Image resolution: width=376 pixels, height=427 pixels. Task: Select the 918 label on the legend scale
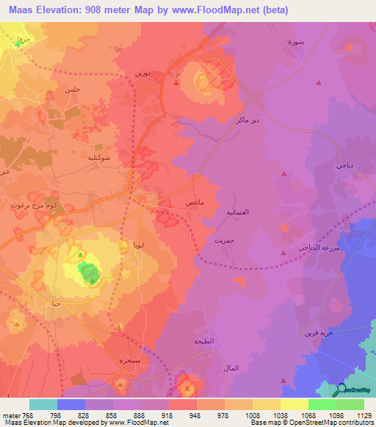point(168,415)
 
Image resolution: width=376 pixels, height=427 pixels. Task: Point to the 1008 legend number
point(252,415)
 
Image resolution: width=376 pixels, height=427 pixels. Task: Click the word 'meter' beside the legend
point(10,415)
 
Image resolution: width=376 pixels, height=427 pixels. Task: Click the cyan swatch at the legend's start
point(43,404)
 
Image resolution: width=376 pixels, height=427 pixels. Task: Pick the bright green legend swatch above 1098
point(322,404)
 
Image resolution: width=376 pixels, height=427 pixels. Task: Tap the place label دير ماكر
point(245,120)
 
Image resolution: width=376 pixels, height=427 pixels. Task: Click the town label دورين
point(142,73)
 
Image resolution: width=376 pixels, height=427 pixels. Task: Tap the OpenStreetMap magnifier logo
point(339,390)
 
